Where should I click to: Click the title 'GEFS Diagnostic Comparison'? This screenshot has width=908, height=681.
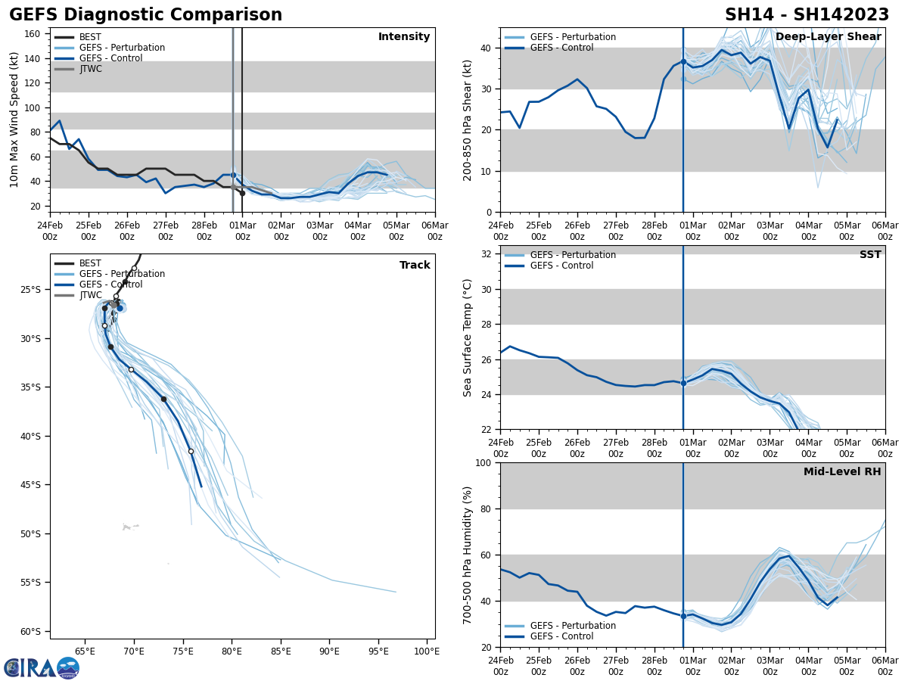click(145, 15)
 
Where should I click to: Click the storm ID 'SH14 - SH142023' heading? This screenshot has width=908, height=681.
click(807, 15)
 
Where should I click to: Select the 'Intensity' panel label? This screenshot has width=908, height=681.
click(404, 37)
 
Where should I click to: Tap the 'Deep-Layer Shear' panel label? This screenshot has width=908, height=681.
click(828, 37)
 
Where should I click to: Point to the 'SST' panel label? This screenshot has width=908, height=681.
click(870, 255)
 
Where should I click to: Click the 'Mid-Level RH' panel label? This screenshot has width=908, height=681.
click(842, 472)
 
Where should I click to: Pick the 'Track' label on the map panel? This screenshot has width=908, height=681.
click(415, 266)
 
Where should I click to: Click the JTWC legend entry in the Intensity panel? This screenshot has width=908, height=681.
click(90, 69)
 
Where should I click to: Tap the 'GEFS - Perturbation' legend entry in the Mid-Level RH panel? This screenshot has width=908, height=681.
click(573, 626)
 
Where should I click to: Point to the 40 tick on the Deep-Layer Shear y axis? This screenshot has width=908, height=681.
click(488, 48)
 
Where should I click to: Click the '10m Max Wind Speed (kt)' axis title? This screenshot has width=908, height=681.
click(14, 120)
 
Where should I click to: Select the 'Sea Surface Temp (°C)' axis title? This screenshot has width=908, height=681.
click(468, 337)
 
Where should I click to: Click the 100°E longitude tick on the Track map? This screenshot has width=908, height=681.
click(426, 650)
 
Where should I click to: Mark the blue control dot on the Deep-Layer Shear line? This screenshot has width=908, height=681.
click(683, 62)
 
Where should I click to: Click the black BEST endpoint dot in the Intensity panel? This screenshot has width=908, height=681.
click(242, 193)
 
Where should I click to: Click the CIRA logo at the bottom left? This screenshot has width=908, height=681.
click(42, 667)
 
